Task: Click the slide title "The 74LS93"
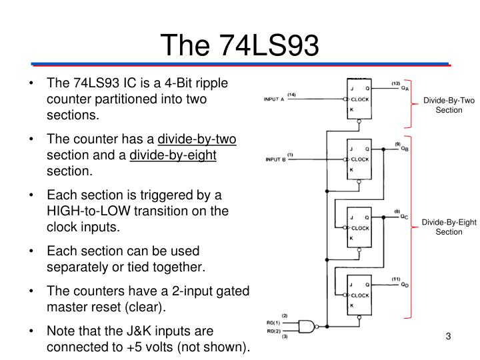[240, 45]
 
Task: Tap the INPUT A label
[274, 99]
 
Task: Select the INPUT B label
[275, 159]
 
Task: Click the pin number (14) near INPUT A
[291, 95]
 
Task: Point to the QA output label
[405, 88]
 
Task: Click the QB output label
[405, 149]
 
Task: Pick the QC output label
[404, 217]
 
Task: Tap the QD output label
[405, 285]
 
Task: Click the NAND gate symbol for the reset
[307, 327]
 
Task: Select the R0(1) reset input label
[273, 323]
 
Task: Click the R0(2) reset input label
[273, 331]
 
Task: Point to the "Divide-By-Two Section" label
[449, 105]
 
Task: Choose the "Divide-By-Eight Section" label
[449, 227]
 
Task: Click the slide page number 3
[448, 336]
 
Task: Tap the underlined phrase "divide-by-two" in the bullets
[197, 139]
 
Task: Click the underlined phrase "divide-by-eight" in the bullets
[173, 155]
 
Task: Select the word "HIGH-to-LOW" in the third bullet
[89, 211]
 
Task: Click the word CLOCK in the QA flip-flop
[360, 99]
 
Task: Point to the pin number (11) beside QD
[396, 279]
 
